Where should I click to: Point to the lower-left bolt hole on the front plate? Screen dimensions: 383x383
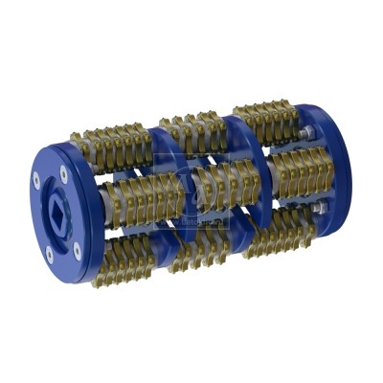click(x=48, y=255)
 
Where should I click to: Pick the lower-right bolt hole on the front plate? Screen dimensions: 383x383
click(x=79, y=246)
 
